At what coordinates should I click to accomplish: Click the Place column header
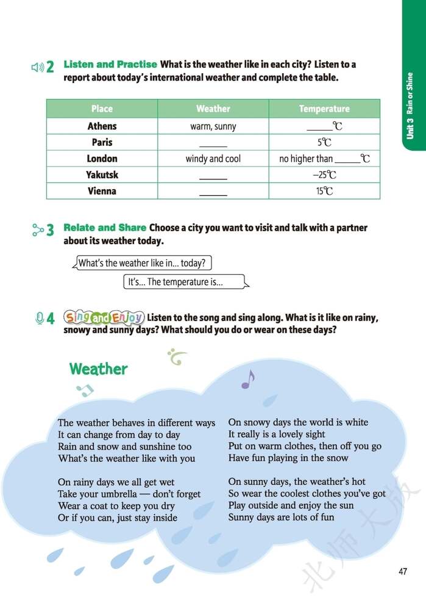[102, 109]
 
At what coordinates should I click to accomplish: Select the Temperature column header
[324, 109]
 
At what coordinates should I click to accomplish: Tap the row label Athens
[102, 126]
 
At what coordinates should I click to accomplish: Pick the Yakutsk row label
[102, 175]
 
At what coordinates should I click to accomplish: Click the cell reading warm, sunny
[213, 126]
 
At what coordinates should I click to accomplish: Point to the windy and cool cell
[213, 159]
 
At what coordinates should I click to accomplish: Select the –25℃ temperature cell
[324, 175]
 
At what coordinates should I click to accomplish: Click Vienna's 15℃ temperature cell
[324, 191]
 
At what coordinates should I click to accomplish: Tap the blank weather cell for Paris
[213, 143]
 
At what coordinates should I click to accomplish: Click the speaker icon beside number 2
[37, 67]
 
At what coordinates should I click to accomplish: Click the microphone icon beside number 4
[39, 318]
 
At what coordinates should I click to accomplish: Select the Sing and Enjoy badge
[104, 317]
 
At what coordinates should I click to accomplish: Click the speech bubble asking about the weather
[143, 263]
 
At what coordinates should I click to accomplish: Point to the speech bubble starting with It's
[185, 282]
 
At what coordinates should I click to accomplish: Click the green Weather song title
[98, 369]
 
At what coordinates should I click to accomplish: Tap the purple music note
[247, 380]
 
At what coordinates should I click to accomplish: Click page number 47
[402, 571]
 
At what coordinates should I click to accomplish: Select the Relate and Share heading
[105, 228]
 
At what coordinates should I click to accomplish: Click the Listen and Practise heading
[110, 64]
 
